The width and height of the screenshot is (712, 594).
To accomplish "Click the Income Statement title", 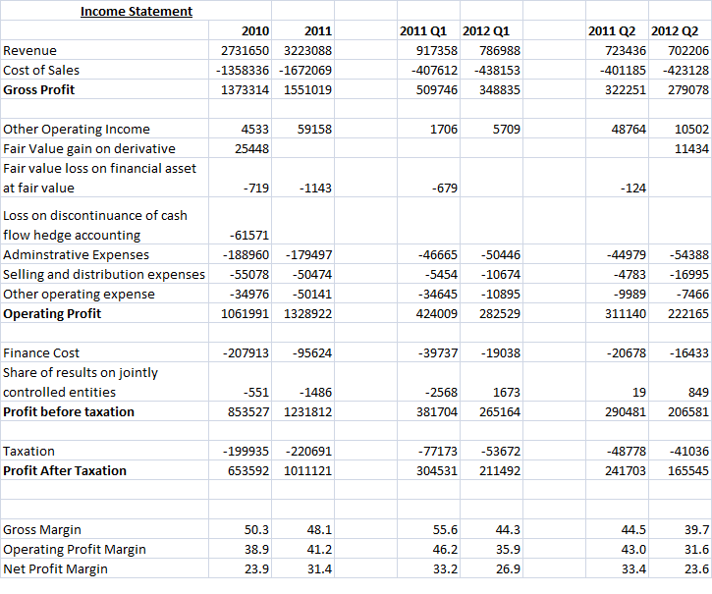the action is click(137, 12).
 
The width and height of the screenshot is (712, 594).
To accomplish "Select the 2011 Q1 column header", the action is click(423, 30).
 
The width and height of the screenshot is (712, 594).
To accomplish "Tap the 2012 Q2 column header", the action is click(675, 30).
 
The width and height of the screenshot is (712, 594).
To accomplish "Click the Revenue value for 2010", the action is click(245, 50).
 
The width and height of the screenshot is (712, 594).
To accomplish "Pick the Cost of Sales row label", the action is click(41, 71).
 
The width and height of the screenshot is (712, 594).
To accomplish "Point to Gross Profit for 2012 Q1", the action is click(500, 90).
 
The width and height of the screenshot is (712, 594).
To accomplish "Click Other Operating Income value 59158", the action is click(314, 129).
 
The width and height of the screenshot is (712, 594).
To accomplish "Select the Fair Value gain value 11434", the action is click(691, 148).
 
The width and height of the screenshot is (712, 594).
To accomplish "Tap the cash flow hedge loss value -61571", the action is click(248, 236).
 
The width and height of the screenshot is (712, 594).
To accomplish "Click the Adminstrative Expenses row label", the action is click(76, 254).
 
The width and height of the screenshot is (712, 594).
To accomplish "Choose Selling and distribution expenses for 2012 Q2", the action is click(688, 274).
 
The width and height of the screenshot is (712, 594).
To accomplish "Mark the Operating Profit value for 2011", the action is click(307, 314).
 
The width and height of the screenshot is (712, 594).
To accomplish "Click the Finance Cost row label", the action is click(41, 352).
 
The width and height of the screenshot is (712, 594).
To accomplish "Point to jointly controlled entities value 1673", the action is click(507, 393).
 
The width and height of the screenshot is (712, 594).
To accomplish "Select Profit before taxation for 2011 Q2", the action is click(626, 412).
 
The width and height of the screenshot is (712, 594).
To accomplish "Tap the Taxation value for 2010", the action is click(246, 452).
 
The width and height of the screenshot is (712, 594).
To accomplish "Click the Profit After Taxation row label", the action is click(65, 471).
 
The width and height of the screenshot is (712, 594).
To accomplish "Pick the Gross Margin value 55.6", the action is click(445, 530).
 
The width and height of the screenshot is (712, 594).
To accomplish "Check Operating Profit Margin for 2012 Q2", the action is click(696, 550).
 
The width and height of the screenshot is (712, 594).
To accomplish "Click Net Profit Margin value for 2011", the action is click(320, 569).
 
